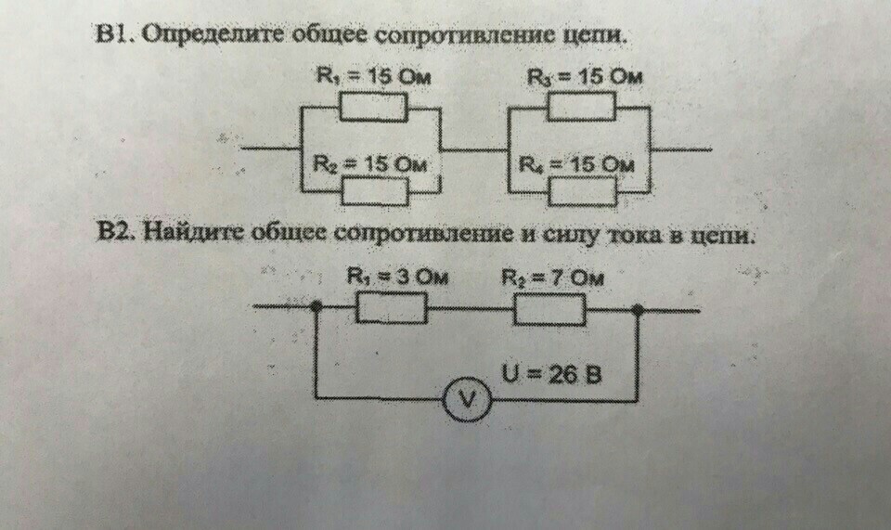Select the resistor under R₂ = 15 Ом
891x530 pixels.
[374, 192]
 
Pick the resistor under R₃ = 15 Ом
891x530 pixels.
[580, 108]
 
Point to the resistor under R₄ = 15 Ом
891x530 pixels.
[581, 191]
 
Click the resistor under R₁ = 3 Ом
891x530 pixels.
[392, 308]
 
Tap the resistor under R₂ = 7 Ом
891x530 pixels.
[549, 308]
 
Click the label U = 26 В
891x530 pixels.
[551, 375]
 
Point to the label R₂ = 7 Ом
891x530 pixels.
[552, 277]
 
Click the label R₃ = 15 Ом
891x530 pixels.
[585, 77]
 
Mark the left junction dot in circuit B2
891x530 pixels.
[316, 305]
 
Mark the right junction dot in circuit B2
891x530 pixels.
[639, 309]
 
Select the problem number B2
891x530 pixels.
[117, 232]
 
